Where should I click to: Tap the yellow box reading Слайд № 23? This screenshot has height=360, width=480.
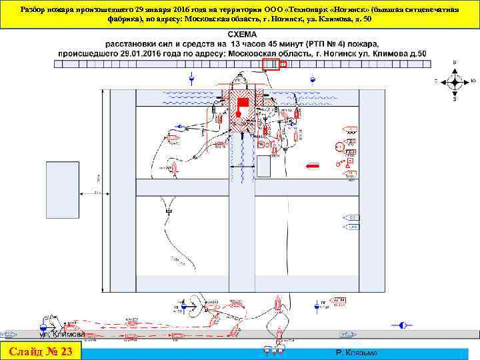coord(41,351)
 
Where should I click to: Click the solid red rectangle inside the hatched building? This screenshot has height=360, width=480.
coord(243,101)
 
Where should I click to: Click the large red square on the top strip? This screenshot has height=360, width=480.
coord(270,64)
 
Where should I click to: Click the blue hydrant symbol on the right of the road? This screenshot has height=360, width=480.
coord(402,325)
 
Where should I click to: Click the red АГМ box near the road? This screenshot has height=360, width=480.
coord(339,301)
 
